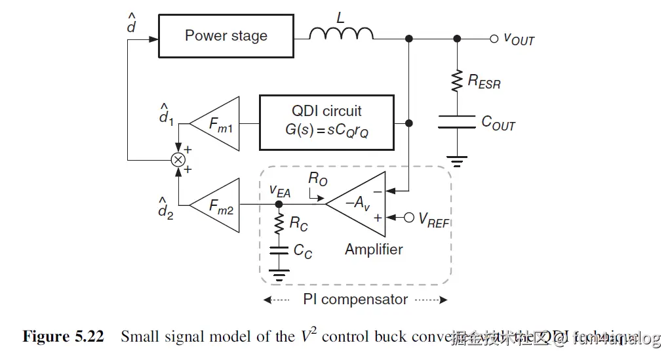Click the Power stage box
226,35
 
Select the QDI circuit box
326,123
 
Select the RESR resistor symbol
456,81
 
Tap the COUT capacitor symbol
456,123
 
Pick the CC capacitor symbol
279,250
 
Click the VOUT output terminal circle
494,39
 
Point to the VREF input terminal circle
408,217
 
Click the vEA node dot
279,205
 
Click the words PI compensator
355,300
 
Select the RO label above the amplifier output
317,179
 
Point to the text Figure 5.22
63,337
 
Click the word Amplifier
374,249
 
